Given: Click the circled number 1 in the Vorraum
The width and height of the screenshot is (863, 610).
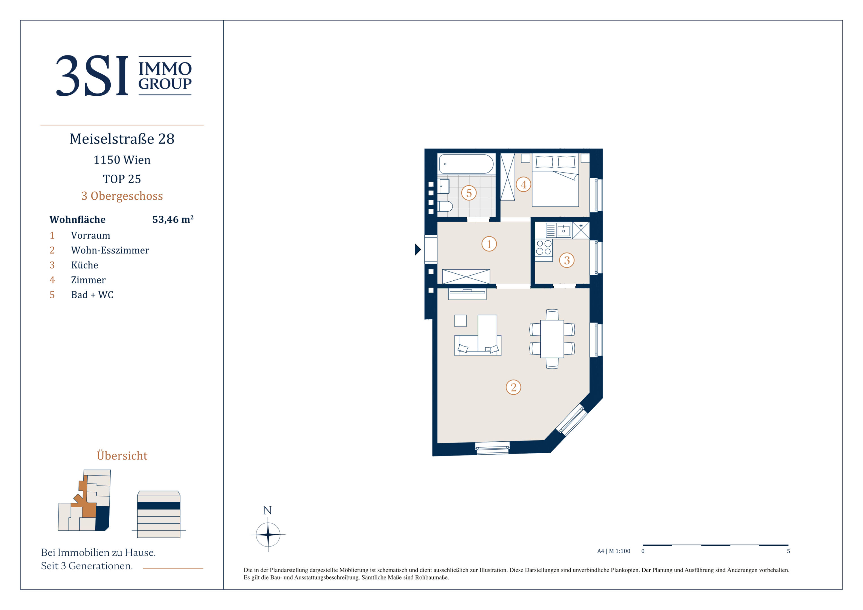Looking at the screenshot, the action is [x=489, y=244].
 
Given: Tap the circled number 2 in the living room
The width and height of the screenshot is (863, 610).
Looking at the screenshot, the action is [x=514, y=387].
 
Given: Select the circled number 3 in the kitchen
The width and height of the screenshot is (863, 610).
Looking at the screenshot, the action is [x=567, y=260].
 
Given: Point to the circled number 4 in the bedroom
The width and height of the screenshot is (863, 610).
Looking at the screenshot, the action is [x=523, y=184].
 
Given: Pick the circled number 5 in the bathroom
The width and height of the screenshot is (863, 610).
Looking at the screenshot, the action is [x=469, y=193].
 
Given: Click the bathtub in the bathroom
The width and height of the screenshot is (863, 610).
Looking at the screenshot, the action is [x=466, y=164].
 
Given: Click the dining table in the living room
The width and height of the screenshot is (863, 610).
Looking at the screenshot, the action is [x=552, y=339].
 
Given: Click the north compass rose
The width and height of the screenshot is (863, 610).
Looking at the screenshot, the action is [x=268, y=534].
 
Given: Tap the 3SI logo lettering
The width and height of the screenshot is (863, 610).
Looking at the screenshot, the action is [x=92, y=76].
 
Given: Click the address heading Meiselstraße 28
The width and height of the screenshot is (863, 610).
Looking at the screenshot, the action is [x=122, y=139].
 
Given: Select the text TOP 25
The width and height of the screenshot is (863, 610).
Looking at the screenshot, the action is [x=122, y=179].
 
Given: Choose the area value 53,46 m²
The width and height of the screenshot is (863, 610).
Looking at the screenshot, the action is [x=173, y=219].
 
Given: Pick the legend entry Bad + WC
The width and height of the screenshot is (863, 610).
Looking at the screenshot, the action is [x=92, y=295].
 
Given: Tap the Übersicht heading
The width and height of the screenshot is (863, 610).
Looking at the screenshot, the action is [x=122, y=456].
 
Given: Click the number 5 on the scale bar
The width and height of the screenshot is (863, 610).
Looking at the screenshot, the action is [x=789, y=551].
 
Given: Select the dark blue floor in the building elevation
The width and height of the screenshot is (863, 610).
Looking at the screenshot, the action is [x=159, y=506].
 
